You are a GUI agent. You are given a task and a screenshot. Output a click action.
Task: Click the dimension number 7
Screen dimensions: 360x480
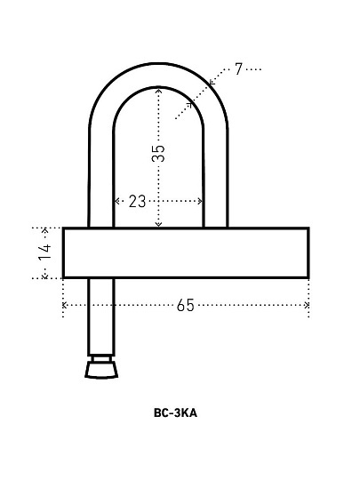pyautogui.click(x=238, y=69)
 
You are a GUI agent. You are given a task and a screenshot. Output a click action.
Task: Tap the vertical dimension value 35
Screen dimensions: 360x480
pyautogui.click(x=158, y=153)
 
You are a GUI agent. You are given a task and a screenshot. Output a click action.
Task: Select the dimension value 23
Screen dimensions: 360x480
pyautogui.click(x=137, y=202)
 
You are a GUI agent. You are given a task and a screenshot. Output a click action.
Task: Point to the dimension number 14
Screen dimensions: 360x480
pyautogui.click(x=45, y=252)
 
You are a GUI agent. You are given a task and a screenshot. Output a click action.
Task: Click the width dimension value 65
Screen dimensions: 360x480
pyautogui.click(x=186, y=305)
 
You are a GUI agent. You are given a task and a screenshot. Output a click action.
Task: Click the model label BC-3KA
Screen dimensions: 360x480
pyautogui.click(x=175, y=413)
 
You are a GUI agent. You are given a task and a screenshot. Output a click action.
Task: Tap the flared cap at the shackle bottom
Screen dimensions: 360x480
pyautogui.click(x=101, y=370)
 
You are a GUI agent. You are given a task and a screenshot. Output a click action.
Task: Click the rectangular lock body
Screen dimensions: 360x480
pyautogui.click(x=186, y=252)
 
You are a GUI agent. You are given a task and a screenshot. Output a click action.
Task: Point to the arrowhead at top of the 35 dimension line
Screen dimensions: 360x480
pyautogui.click(x=158, y=91)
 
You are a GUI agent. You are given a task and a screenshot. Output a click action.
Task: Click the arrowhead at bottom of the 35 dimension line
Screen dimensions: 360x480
pyautogui.click(x=158, y=224)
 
